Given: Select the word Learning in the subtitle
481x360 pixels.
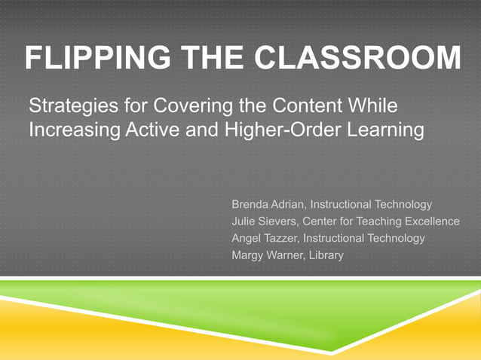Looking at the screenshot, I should pyautogui.click(x=385, y=130).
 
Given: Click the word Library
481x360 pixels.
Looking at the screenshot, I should pyautogui.click(x=326, y=256).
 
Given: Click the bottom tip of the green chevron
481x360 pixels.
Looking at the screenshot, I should pyautogui.click(x=332, y=351).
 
